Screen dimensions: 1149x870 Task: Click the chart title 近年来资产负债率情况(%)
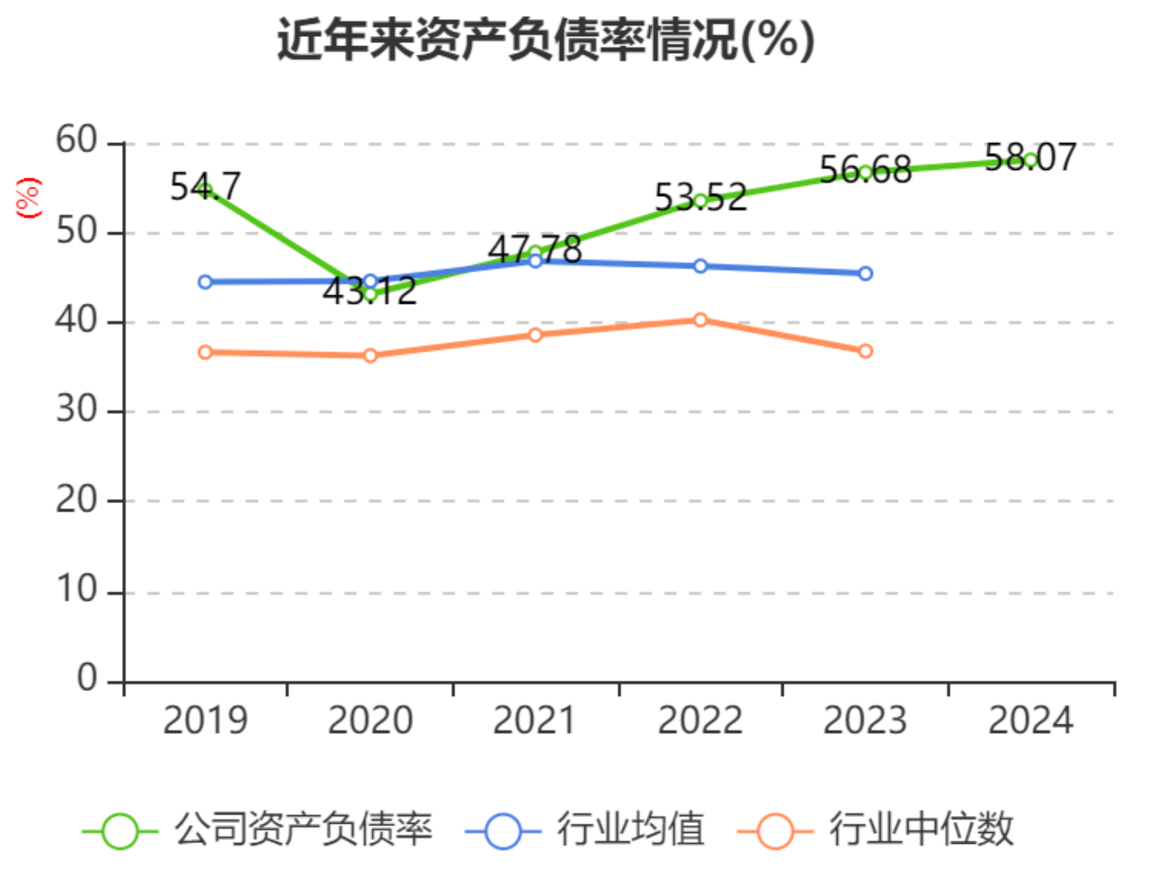546,40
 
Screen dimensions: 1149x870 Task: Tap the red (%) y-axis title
29,197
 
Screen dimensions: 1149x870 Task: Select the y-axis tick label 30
77,409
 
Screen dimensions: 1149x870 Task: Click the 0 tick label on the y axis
87,678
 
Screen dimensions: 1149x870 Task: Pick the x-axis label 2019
205,720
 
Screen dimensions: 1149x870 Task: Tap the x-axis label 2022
700,720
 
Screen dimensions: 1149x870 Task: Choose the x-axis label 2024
1030,720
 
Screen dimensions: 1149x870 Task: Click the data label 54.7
205,186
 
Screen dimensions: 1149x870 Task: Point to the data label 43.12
370,291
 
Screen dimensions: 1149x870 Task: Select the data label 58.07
1030,157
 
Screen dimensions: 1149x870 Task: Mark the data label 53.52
700,197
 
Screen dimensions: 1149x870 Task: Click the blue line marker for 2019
205,282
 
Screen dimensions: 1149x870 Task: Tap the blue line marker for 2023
865,273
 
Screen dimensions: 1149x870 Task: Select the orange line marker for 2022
700,320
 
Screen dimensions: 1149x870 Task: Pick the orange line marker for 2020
370,356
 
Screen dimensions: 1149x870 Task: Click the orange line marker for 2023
865,351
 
